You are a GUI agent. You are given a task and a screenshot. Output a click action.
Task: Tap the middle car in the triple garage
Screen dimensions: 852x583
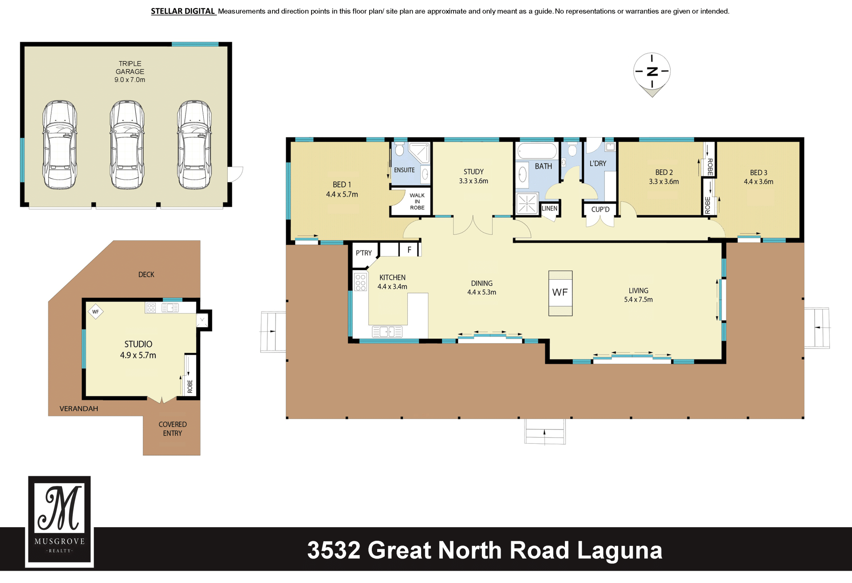click(127, 145)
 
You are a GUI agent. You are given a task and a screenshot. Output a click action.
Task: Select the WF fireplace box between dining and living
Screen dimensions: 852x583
click(560, 293)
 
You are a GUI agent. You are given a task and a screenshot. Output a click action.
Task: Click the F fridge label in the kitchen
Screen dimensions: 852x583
click(409, 250)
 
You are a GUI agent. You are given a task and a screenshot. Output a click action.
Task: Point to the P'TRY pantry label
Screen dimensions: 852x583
click(364, 253)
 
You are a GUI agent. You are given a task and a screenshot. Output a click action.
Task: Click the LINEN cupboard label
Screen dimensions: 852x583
click(549, 208)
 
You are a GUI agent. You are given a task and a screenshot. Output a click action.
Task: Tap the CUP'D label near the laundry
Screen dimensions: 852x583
click(600, 209)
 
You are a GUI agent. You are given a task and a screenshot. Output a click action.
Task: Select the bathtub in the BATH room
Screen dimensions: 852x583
click(537, 151)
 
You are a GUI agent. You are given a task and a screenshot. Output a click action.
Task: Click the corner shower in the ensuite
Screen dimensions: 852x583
click(419, 153)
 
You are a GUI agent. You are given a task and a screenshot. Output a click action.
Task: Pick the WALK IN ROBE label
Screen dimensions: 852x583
click(417, 201)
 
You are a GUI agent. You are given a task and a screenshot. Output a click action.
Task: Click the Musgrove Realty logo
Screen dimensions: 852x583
click(59, 522)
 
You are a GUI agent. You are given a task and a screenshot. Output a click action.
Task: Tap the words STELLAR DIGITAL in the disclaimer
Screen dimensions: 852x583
click(183, 11)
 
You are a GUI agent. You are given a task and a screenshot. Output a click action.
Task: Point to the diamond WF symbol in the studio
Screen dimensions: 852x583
click(95, 312)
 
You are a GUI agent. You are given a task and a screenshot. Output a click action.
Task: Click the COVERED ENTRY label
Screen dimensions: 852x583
click(173, 429)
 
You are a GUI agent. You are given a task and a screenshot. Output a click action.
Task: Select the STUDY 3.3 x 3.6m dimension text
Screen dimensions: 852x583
click(473, 181)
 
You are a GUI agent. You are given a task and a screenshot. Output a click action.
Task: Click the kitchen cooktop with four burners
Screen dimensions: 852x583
click(360, 282)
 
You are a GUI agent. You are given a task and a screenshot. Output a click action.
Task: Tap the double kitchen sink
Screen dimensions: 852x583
click(387, 332)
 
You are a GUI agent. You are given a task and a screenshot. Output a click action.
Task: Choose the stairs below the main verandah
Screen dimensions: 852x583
click(545, 431)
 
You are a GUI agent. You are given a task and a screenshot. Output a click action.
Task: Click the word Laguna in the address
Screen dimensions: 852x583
click(620, 551)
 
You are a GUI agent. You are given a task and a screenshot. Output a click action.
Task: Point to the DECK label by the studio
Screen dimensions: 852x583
click(146, 274)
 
